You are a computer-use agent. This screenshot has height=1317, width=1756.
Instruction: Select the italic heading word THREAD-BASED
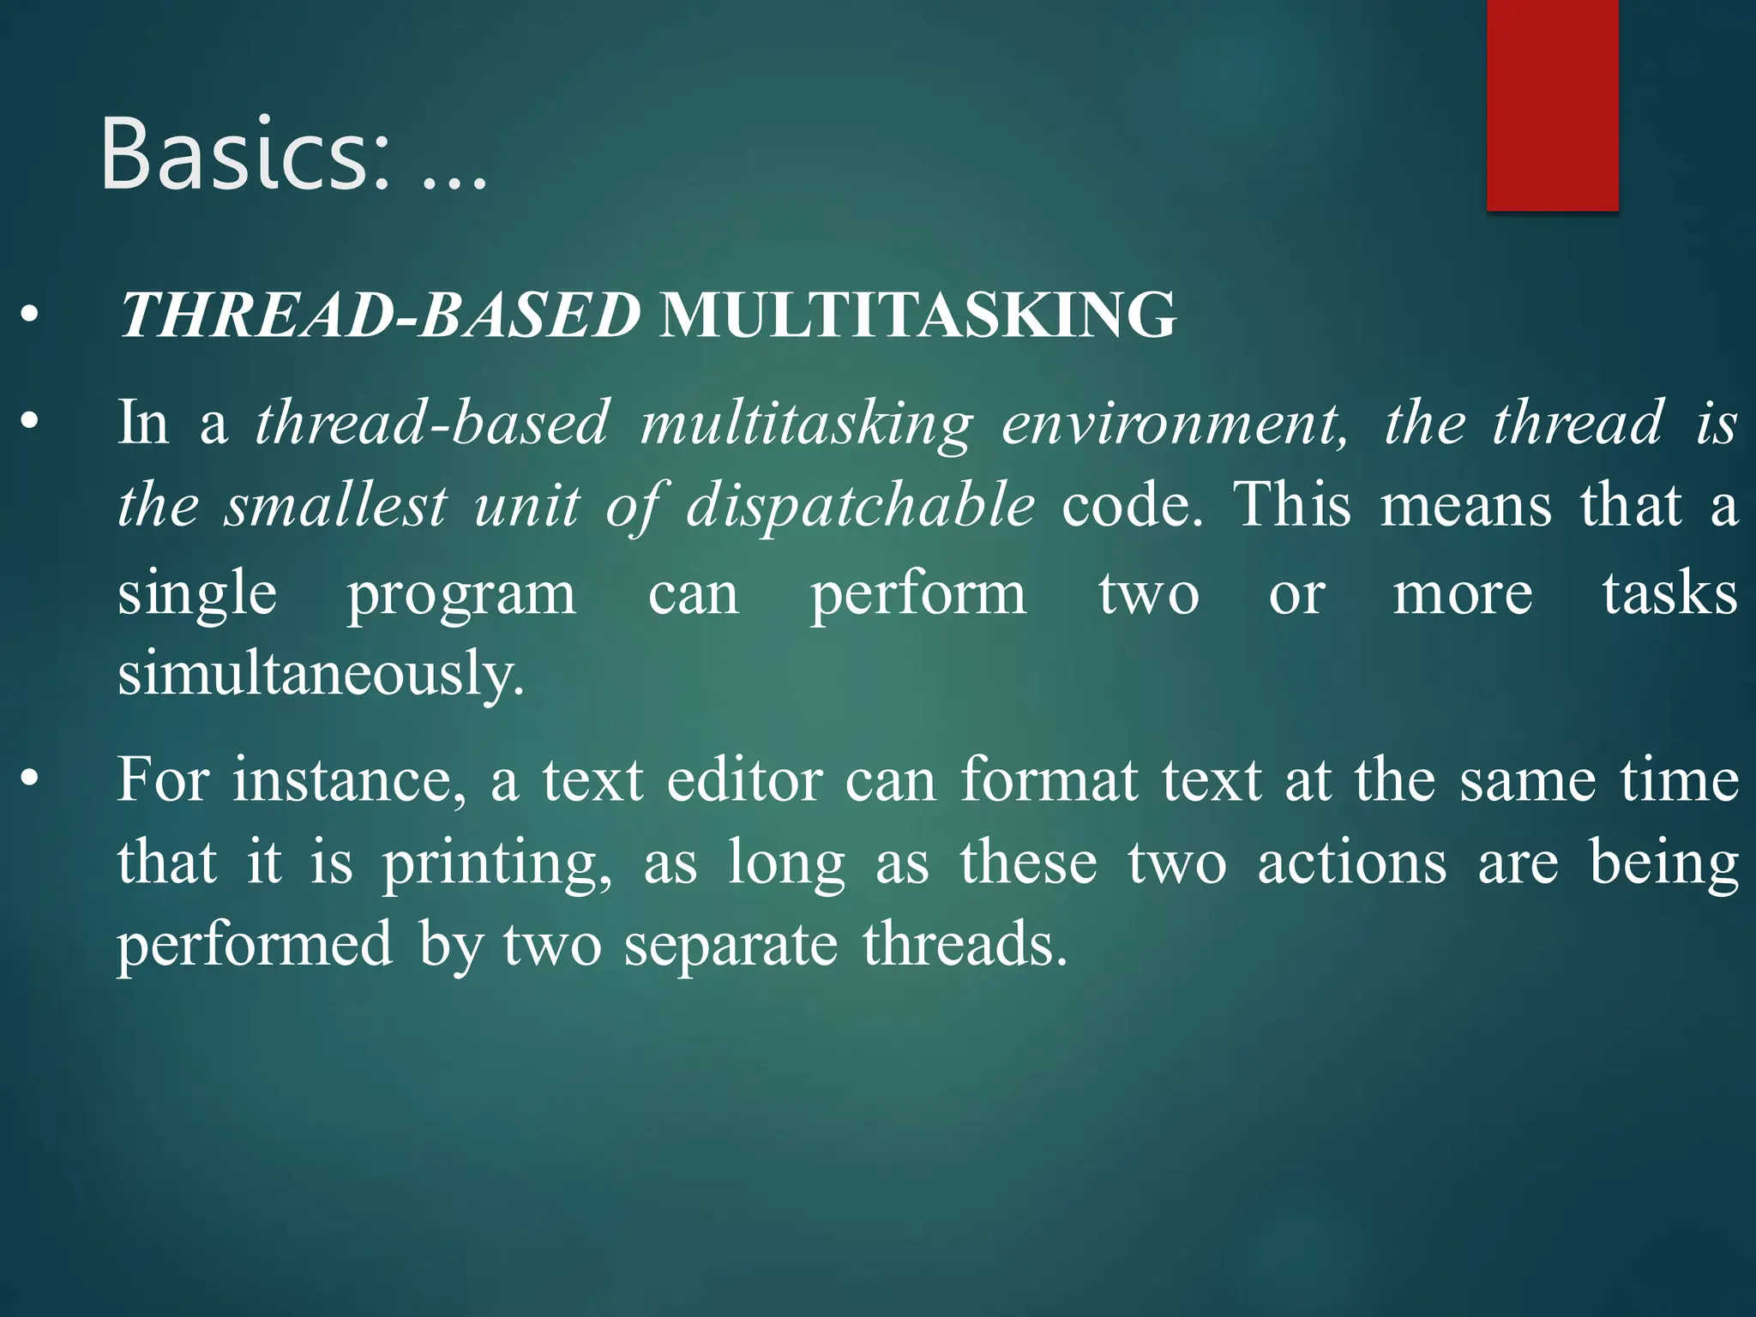pos(380,315)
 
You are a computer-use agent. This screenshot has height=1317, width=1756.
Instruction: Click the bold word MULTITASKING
pos(917,315)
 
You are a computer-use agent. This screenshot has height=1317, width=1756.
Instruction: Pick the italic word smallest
pos(335,505)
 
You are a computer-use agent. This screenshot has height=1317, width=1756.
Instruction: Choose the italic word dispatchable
pos(860,505)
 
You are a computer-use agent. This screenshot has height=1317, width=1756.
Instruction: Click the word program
pos(461,594)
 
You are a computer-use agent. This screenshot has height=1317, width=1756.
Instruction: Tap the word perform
pos(918,594)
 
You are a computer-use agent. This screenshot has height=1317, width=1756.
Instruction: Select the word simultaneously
pos(321,674)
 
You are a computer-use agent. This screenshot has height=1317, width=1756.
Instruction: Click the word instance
pos(350,780)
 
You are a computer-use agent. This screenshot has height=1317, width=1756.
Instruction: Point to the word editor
pos(745,780)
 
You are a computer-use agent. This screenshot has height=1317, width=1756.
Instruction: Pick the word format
pos(1051,780)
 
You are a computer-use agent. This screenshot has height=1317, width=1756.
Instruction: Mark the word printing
pos(497,863)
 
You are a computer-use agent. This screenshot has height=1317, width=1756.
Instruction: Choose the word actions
pos(1352,862)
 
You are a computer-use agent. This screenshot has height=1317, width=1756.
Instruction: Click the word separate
pos(731,945)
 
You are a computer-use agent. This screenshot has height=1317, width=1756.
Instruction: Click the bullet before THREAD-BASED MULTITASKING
pos(30,315)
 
